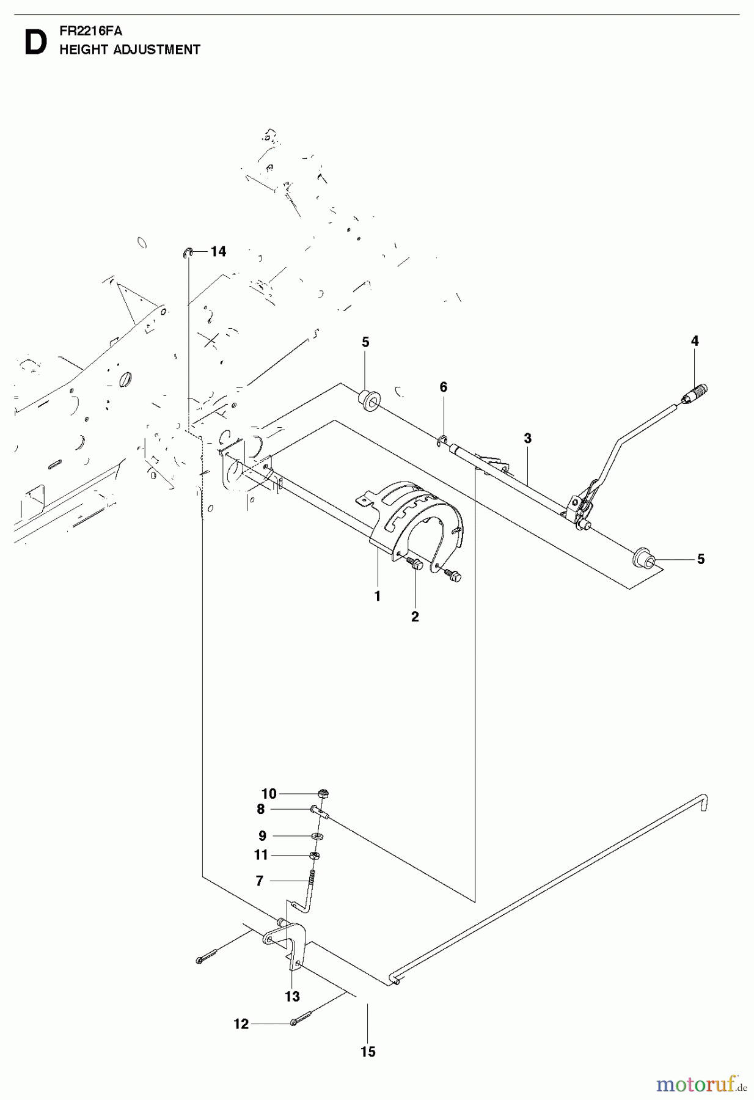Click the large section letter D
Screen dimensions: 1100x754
click(35, 43)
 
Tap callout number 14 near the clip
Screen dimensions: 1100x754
click(218, 251)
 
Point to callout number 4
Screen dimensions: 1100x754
click(695, 341)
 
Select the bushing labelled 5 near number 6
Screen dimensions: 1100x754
click(369, 400)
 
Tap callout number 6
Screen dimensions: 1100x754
click(444, 387)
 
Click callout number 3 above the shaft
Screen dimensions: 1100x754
click(527, 438)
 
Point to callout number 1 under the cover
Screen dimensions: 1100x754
click(378, 596)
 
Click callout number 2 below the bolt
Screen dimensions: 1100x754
click(415, 617)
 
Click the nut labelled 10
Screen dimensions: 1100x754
click(324, 793)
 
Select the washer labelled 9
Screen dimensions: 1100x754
click(318, 835)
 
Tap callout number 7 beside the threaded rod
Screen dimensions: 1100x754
click(260, 881)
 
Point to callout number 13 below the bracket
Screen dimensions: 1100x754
click(292, 996)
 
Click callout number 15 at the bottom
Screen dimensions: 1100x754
click(368, 1052)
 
